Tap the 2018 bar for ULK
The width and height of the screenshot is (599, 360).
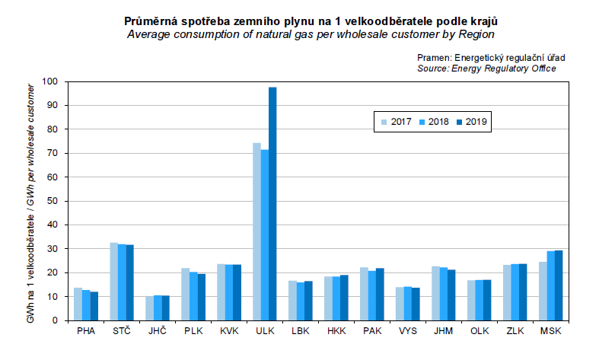(264, 235)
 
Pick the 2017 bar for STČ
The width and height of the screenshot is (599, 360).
(114, 282)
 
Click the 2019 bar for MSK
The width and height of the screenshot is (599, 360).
(559, 285)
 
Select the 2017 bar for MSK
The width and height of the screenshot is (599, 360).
(543, 292)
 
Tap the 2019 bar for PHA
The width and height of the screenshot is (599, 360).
(94, 306)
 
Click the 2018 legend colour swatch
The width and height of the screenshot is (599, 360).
(422, 122)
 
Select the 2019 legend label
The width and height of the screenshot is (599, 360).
(476, 122)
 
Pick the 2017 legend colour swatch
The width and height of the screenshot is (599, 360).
(385, 122)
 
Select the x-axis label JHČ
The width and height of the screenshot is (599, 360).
(157, 331)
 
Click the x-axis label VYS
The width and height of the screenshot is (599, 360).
(408, 331)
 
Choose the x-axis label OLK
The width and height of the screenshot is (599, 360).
(480, 331)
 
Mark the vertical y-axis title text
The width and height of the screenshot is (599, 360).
(31, 205)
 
